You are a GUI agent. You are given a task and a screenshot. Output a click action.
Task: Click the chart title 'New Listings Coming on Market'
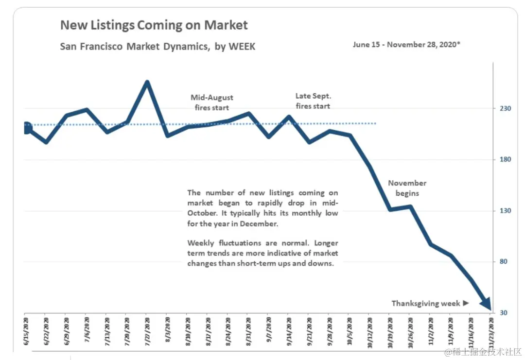tap(154, 25)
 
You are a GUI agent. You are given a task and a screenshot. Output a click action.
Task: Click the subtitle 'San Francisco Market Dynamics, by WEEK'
tap(157, 47)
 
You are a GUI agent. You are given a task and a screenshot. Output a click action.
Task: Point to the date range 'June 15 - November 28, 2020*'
tap(406, 44)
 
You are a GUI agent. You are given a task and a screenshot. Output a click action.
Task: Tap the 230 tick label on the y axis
tap(503, 108)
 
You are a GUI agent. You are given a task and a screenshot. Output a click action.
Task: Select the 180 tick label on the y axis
tap(503, 160)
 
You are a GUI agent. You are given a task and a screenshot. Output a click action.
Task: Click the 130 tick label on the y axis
tap(503, 211)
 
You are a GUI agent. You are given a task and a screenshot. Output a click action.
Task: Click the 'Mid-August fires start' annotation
tap(211, 103)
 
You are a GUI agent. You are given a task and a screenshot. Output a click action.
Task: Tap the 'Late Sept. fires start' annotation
tap(313, 101)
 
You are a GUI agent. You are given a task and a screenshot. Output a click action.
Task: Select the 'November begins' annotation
tap(407, 188)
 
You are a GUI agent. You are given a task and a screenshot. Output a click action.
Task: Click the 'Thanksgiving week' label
tap(426, 304)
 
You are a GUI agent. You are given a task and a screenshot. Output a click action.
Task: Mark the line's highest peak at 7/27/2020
tap(147, 82)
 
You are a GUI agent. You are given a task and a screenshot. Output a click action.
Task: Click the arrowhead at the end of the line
tap(486, 305)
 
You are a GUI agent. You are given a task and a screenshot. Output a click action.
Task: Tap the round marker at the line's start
tap(27, 128)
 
